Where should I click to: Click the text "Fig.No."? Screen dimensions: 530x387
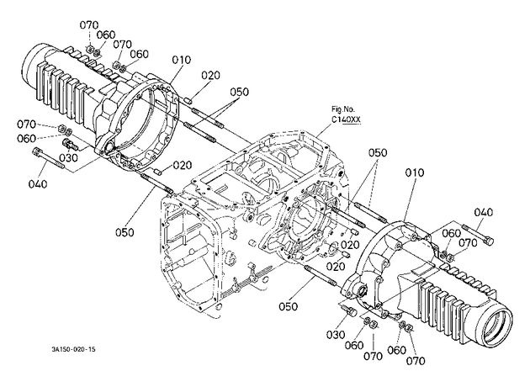click(343, 109)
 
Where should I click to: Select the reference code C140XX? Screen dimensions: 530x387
click(346, 119)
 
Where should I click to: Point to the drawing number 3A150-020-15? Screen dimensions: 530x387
click(73, 349)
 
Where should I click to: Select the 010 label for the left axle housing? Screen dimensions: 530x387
click(182, 61)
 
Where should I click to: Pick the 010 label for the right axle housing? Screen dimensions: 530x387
click(415, 172)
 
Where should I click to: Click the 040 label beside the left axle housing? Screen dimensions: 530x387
click(38, 184)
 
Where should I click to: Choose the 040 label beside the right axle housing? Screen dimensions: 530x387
click(484, 213)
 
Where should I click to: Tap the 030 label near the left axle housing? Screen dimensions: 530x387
click(69, 158)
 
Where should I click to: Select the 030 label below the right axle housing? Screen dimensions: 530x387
click(336, 335)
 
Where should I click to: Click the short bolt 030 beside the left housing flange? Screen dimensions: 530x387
click(70, 145)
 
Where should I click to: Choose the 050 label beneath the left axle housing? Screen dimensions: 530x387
click(125, 232)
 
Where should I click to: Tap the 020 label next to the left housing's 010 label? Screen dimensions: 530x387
click(210, 75)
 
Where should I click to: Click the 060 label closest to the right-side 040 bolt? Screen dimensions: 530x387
click(452, 233)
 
